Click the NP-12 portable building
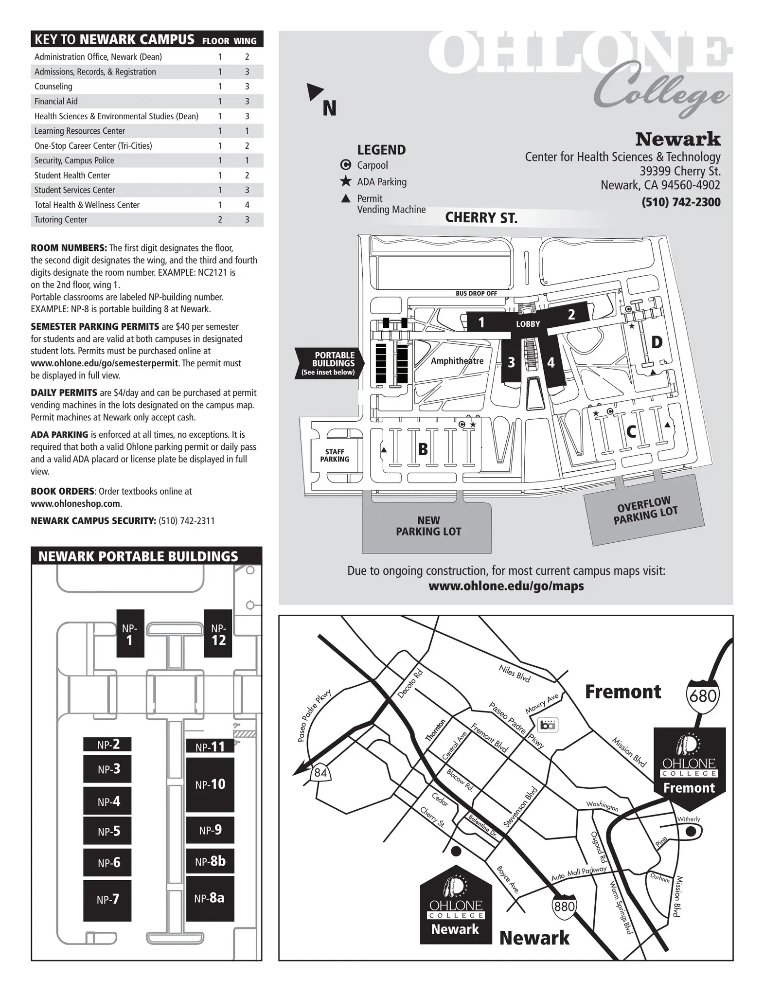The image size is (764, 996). point(218,633)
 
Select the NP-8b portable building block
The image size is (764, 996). point(210,861)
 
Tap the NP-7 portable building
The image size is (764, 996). point(107,900)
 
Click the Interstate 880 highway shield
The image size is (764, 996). point(564,906)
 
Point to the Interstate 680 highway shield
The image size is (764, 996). point(703,696)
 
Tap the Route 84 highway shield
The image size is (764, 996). point(320,772)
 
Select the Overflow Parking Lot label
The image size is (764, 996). point(645,510)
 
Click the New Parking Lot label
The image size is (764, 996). point(428,526)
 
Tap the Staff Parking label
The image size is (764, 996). point(335,456)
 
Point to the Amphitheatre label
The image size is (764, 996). point(457,360)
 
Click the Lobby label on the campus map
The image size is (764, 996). point(528,324)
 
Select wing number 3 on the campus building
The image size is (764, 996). point(511,362)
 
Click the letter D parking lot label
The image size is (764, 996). point(657,342)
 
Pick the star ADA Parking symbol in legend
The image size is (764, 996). point(346,181)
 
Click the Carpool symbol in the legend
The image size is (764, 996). point(346,165)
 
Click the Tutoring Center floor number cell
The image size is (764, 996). point(220,219)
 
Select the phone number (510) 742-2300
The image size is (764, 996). point(681,202)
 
